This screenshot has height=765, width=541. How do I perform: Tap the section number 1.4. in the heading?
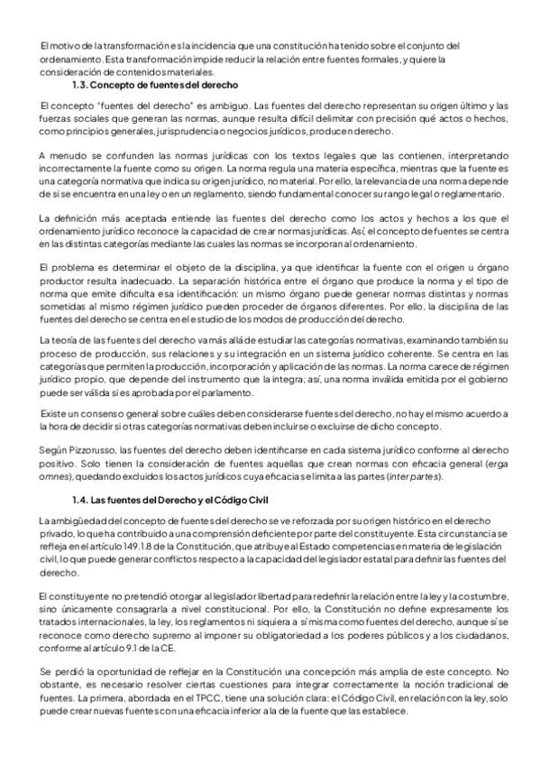[82, 500]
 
